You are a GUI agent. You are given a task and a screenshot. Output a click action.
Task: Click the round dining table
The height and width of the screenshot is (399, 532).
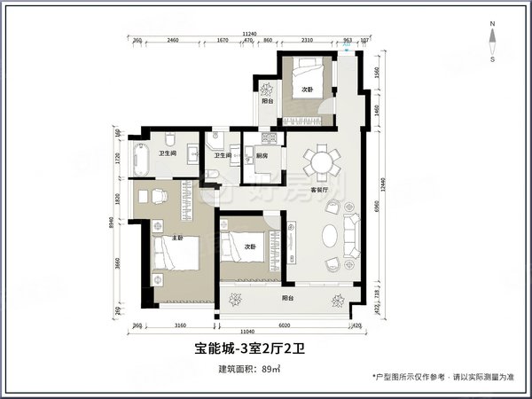[x=319, y=162]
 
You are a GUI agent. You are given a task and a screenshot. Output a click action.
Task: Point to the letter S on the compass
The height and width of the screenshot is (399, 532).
[x=493, y=62]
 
